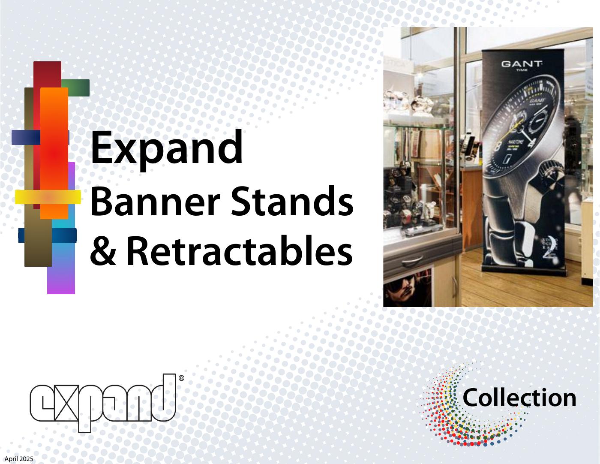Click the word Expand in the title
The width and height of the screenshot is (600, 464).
coord(167,148)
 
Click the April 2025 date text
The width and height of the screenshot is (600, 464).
coord(19,459)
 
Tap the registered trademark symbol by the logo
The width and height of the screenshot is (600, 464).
coord(181,378)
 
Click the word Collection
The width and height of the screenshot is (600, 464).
coord(519,398)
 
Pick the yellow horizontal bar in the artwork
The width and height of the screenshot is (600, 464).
coord(48,196)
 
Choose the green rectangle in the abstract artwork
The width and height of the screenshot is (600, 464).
coord(76,87)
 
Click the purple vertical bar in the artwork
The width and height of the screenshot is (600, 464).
coord(61,274)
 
